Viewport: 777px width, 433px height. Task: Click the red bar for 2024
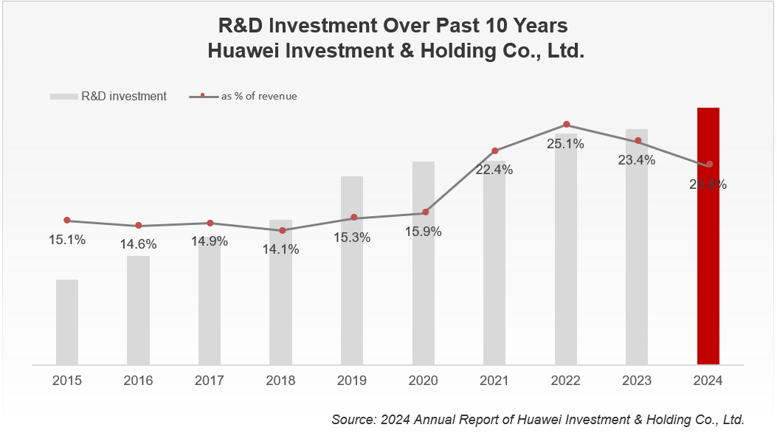tap(708, 236)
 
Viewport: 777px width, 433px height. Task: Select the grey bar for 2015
tap(67, 322)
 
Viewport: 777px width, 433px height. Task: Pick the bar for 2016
tap(138, 310)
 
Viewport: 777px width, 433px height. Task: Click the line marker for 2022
tap(566, 125)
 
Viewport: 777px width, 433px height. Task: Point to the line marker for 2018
tap(282, 231)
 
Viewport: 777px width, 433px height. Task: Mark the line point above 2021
tap(495, 151)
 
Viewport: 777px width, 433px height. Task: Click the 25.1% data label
tap(565, 144)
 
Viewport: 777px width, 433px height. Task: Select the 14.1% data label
tap(280, 249)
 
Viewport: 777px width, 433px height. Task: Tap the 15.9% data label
tap(424, 232)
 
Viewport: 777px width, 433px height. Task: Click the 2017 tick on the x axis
tap(210, 381)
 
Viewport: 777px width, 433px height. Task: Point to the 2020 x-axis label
tap(423, 381)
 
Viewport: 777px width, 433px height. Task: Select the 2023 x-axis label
tap(637, 381)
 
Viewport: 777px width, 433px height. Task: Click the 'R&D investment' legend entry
tap(123, 96)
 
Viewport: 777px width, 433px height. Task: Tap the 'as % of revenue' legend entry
tap(259, 96)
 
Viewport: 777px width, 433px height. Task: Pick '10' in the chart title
tap(494, 25)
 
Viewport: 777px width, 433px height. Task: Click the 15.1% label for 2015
tap(67, 239)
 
